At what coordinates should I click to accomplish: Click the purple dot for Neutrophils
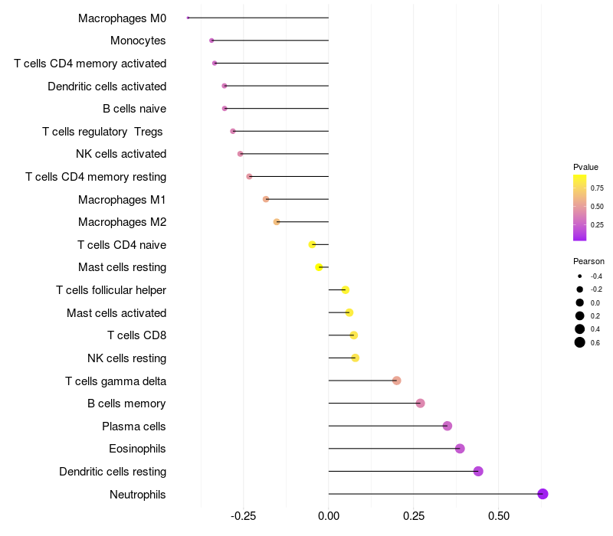pyautogui.click(x=543, y=494)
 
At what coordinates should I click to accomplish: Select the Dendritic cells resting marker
pyautogui.click(x=478, y=471)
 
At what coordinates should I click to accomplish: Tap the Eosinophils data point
pyautogui.click(x=460, y=449)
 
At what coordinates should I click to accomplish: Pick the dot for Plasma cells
pyautogui.click(x=447, y=426)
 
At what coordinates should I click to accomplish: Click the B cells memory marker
pyautogui.click(x=420, y=404)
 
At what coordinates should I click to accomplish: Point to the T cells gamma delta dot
pyautogui.click(x=396, y=381)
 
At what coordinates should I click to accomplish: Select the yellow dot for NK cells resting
pyautogui.click(x=355, y=358)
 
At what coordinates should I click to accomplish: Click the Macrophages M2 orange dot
pyautogui.click(x=277, y=222)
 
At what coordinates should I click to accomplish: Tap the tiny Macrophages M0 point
pyautogui.click(x=188, y=18)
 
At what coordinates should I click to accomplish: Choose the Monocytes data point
pyautogui.click(x=211, y=40)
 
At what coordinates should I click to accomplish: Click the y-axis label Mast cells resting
pyautogui.click(x=122, y=267)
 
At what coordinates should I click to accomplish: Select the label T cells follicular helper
pyautogui.click(x=111, y=290)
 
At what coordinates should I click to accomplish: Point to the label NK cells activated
pyautogui.click(x=121, y=154)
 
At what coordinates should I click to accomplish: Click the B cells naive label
pyautogui.click(x=134, y=109)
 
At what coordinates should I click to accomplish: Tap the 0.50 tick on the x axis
pyautogui.click(x=499, y=517)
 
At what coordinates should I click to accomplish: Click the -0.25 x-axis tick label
pyautogui.click(x=243, y=517)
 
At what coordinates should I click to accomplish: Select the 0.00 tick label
pyautogui.click(x=328, y=517)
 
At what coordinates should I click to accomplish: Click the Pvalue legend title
pyautogui.click(x=585, y=167)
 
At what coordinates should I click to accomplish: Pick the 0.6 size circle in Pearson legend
pyautogui.click(x=580, y=342)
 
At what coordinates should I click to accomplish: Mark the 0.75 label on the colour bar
pyautogui.click(x=597, y=188)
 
